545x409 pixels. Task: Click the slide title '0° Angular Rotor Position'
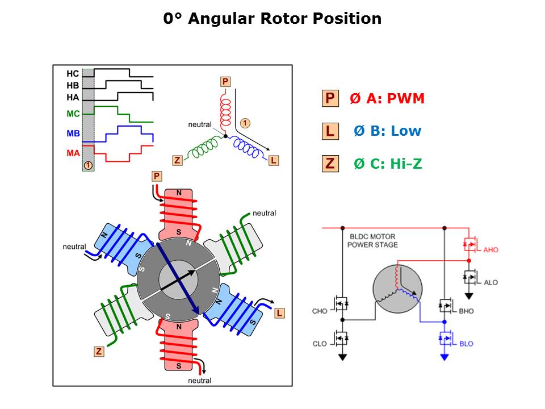[272, 19]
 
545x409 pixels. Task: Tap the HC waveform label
[73, 74]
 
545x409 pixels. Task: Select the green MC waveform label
[73, 114]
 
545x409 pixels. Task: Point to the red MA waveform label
[73, 153]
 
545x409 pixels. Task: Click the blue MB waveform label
[73, 134]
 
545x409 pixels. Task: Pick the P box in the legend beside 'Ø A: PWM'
[330, 99]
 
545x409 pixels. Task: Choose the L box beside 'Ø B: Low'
[330, 131]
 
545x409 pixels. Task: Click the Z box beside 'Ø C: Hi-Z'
[330, 164]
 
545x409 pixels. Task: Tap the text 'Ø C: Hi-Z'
[388, 164]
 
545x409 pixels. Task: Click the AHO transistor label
[491, 249]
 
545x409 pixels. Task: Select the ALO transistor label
[491, 282]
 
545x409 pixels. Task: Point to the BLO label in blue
[466, 344]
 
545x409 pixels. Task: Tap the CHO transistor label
[320, 311]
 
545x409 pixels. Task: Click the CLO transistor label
[320, 344]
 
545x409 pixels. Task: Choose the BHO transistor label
[466, 311]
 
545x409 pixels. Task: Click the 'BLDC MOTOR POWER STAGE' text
[372, 240]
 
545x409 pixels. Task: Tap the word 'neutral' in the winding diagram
[200, 124]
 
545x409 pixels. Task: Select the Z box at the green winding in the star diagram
[178, 161]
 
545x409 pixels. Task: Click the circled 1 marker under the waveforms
[88, 165]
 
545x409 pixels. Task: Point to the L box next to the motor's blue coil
[279, 313]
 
